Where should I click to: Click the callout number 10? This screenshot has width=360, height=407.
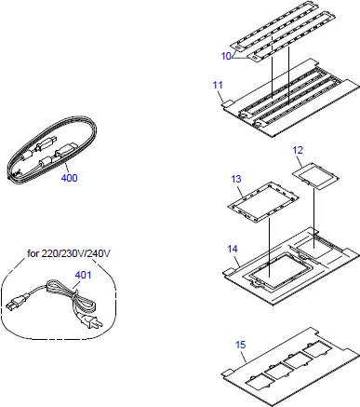225,56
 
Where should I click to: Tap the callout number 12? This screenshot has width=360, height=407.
298,150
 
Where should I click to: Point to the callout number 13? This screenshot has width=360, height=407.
236,178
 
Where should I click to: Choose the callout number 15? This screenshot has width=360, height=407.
241,345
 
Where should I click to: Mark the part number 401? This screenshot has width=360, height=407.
83,275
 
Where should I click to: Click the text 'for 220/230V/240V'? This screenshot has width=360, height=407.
69,253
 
